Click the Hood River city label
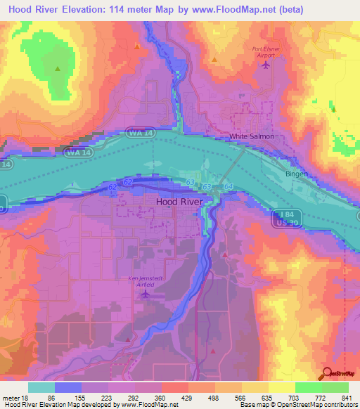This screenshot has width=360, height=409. tap(179, 201)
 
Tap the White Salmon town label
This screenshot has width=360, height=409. tap(251, 136)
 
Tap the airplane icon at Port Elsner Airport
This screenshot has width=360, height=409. tap(265, 65)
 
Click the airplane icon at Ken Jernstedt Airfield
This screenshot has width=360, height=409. tap(146, 294)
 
